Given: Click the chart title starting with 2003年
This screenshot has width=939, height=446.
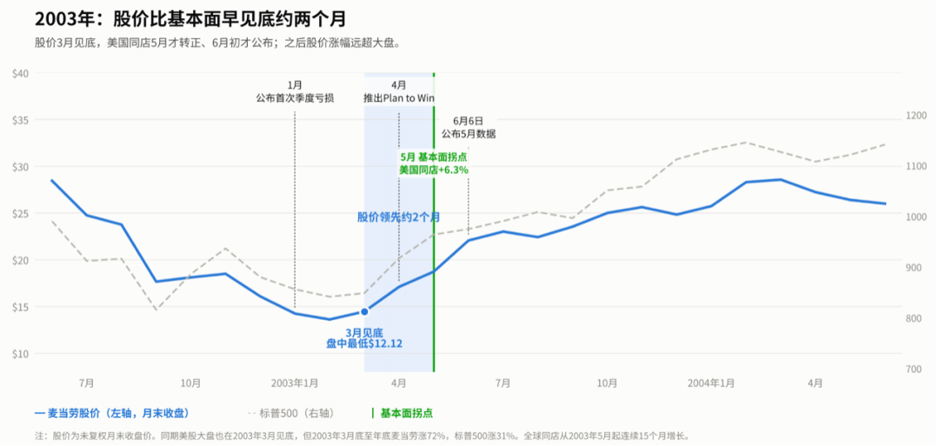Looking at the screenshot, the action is point(190,18).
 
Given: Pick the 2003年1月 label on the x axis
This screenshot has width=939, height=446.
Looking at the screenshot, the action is point(295,383).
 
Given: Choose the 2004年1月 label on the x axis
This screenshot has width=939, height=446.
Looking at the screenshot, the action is point(711,383).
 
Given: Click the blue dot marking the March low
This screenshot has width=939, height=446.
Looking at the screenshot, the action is point(364,311).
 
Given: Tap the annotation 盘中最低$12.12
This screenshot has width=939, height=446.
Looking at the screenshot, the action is point(364,343).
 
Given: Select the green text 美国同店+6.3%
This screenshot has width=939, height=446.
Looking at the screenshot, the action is point(434,170).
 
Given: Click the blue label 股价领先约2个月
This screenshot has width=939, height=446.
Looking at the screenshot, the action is point(399,216).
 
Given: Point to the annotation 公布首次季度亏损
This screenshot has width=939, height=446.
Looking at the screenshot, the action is point(295,97).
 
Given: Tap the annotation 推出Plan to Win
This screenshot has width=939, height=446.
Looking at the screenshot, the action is point(399,97).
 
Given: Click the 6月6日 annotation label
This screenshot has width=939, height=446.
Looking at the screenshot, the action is point(469,122).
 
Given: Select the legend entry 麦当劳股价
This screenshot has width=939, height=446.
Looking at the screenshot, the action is point(112,413).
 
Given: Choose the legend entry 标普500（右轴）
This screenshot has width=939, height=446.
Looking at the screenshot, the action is point(290,413).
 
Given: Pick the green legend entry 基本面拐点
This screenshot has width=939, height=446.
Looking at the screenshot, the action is point(403,413).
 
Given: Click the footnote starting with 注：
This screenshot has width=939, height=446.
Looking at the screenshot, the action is point(363,436).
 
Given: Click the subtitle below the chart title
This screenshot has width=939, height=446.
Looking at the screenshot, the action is point(216,43).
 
